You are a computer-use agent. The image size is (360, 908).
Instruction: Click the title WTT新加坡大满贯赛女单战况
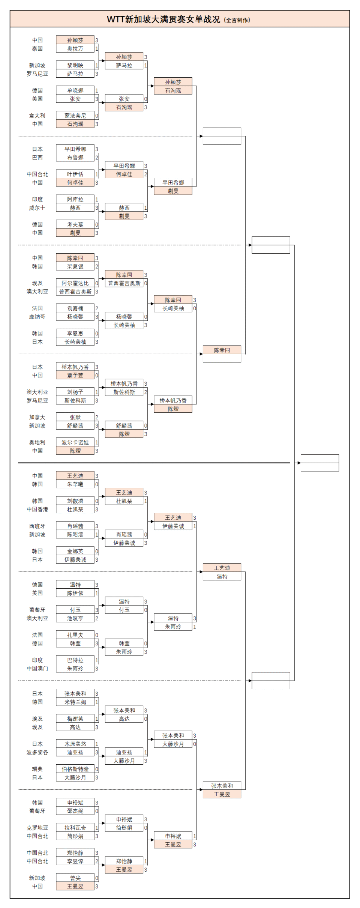[x=163, y=19]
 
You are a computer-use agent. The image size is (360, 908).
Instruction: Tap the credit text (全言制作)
[x=237, y=20]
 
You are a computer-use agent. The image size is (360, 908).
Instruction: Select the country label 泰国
[x=37, y=49]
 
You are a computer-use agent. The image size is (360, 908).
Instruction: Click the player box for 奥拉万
[x=75, y=49]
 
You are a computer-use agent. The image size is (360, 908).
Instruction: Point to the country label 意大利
[x=37, y=116]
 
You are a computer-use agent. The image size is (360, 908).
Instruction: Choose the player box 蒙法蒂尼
[x=75, y=116]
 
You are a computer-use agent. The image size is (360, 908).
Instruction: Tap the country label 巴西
[x=37, y=158]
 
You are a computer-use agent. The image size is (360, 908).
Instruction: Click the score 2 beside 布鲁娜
[x=96, y=158]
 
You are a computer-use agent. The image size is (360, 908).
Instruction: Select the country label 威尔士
[x=37, y=208]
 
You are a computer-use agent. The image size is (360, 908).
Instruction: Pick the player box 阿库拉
[x=75, y=199]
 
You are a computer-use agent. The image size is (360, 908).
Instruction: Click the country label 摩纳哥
[x=37, y=317]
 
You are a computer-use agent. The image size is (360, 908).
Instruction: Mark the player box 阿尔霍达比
[x=75, y=283]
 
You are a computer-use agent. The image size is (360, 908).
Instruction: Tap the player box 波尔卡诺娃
[x=75, y=442]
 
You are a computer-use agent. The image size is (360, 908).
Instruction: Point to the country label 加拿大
[x=37, y=417]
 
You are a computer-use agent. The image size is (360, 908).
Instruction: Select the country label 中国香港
[x=37, y=510]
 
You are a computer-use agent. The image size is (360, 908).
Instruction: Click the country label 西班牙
[x=37, y=526]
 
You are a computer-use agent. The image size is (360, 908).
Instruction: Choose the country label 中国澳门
[x=37, y=668]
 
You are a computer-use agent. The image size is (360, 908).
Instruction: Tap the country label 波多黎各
[x=37, y=752]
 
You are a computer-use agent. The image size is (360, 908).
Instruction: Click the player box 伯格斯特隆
[x=75, y=769]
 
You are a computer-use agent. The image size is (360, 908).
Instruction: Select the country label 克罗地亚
[x=37, y=828]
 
